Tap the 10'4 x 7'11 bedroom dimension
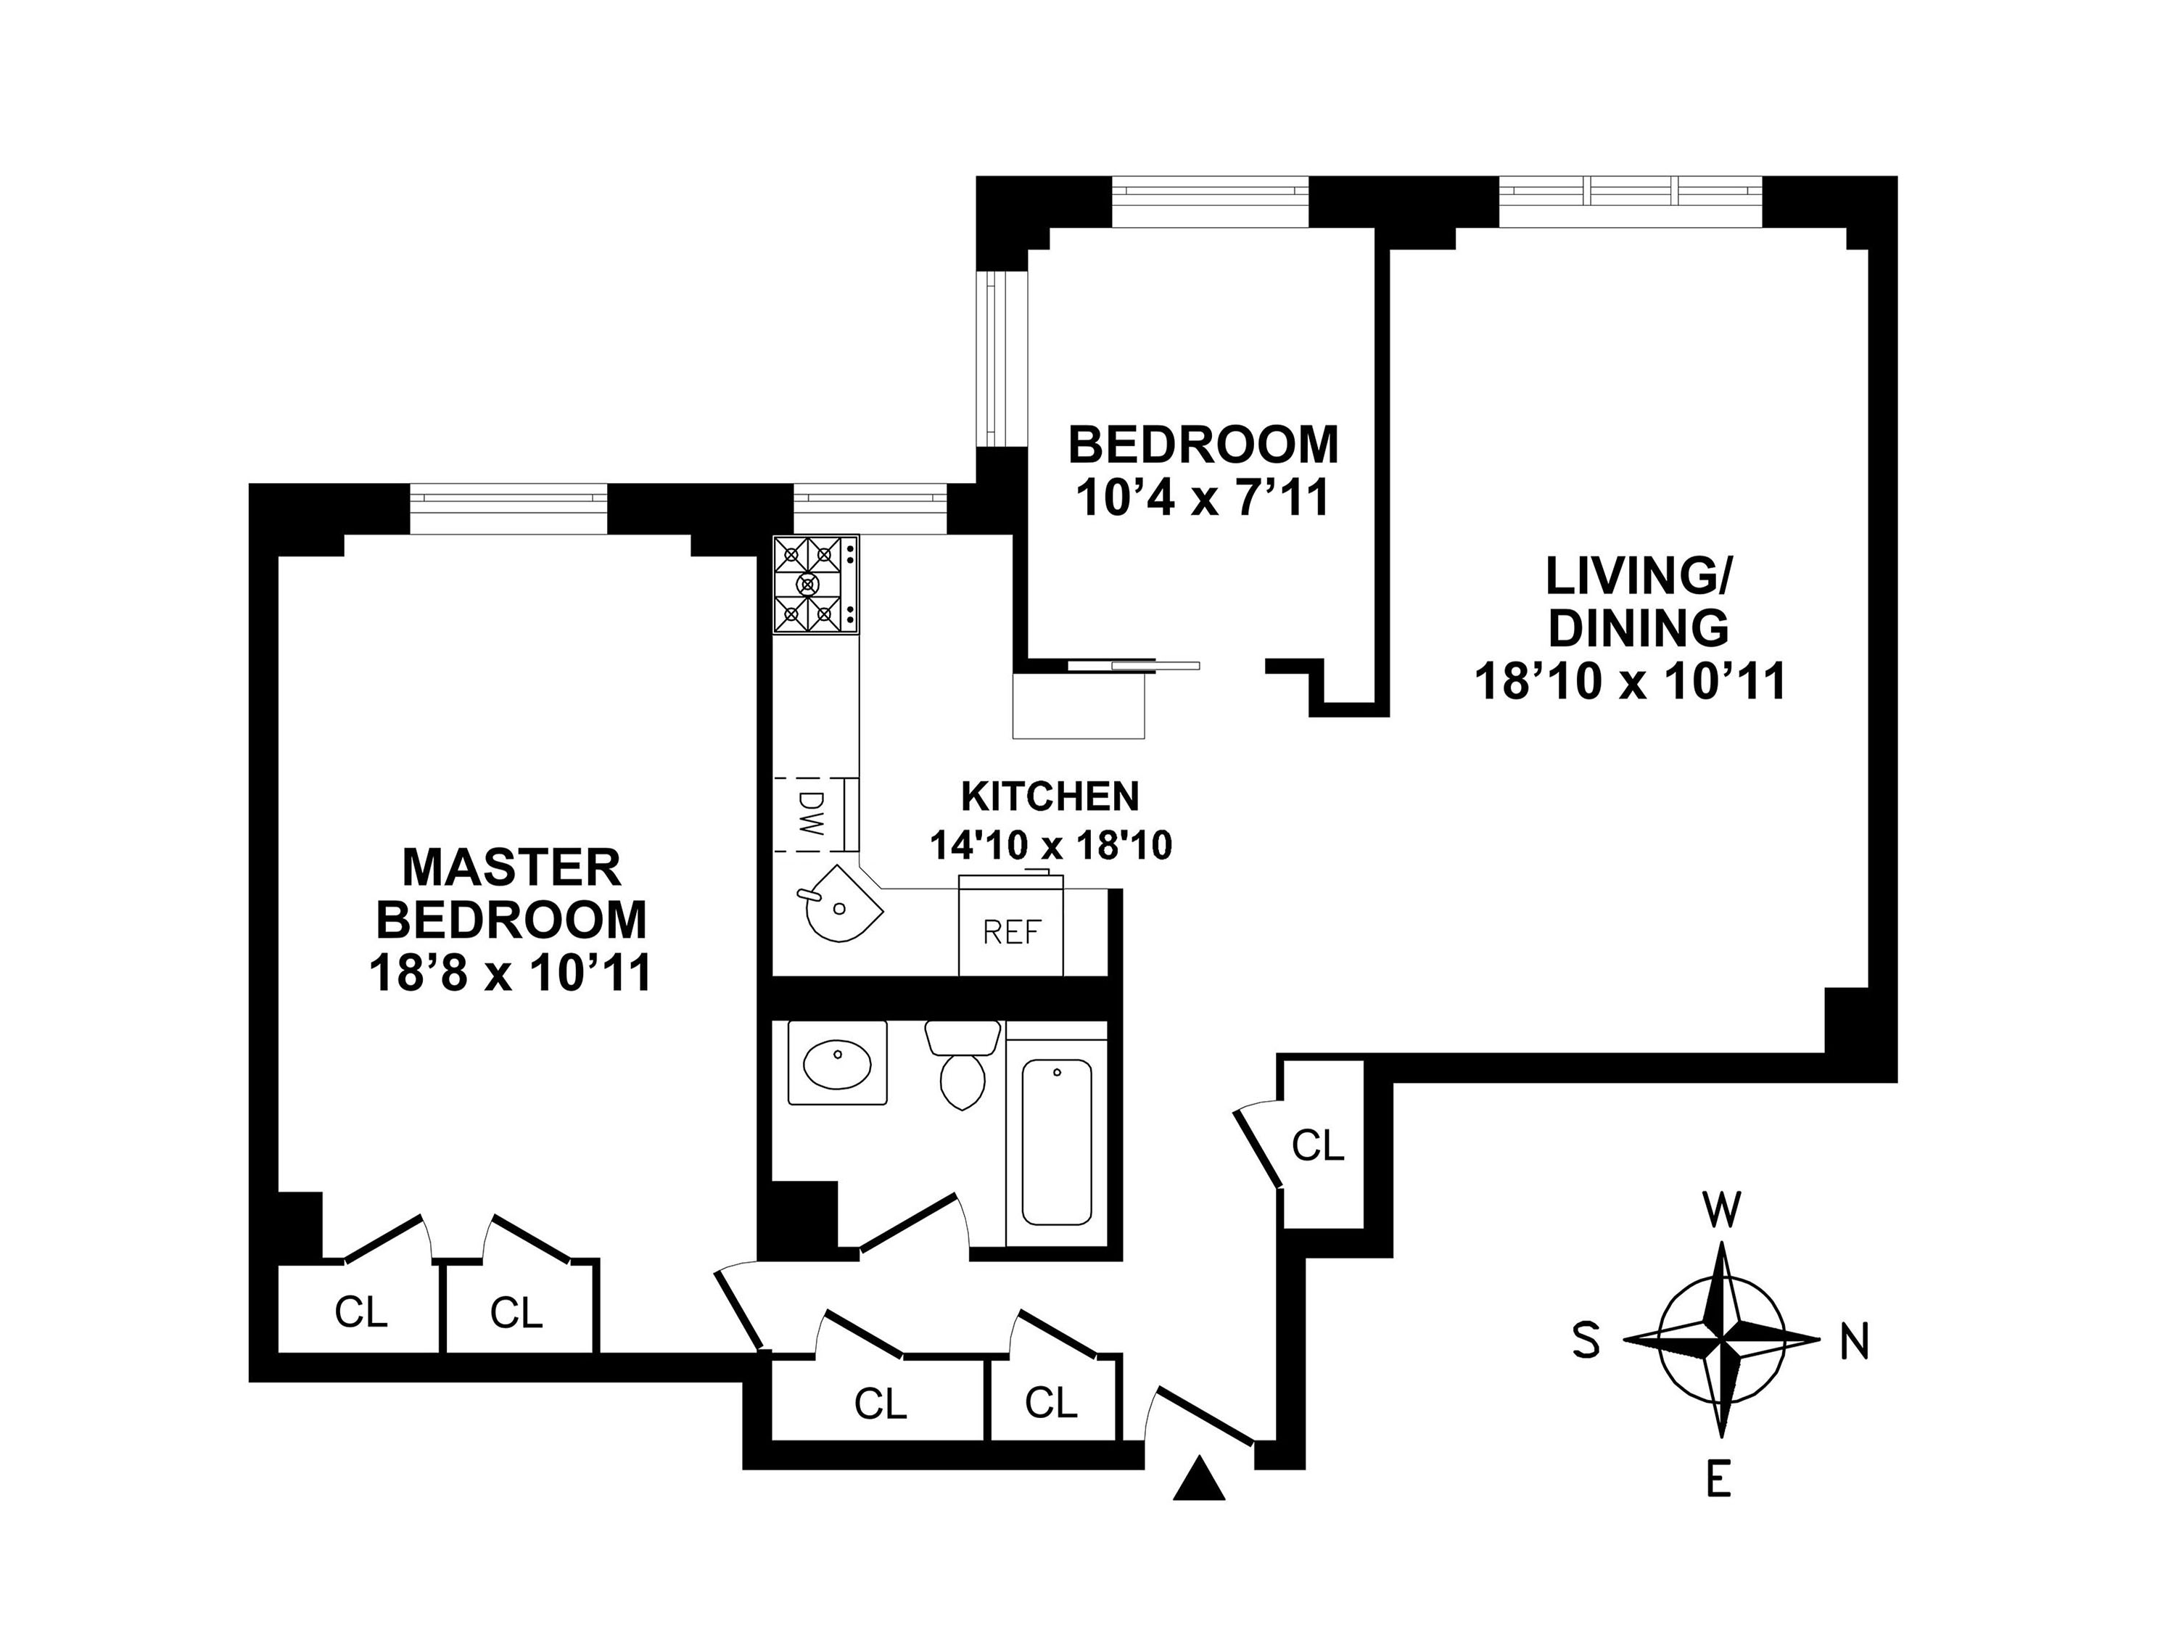pyautogui.click(x=1202, y=498)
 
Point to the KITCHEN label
pyautogui.click(x=1050, y=797)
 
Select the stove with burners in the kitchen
pyautogui.click(x=815, y=585)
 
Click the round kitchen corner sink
pyautogui.click(x=839, y=903)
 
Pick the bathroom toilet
pyautogui.click(x=961, y=1066)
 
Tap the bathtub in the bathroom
pyautogui.click(x=1057, y=1141)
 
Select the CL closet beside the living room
pyautogui.click(x=1317, y=1144)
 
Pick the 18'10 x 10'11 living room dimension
pyautogui.click(x=1630, y=682)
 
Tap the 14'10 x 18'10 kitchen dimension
pyautogui.click(x=1050, y=845)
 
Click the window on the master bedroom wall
pyautogui.click(x=508, y=508)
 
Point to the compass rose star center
pyautogui.click(x=1721, y=1340)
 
